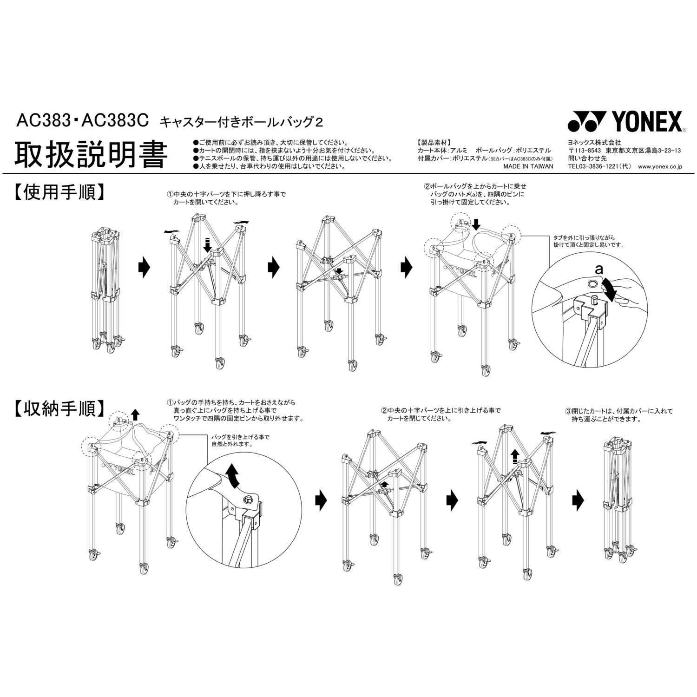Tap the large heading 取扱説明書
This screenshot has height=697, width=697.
coord(91,155)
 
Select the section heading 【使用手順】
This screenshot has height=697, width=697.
coord(58,191)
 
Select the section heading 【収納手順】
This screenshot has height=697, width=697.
coord(58,408)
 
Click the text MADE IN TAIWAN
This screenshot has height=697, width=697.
coord(528,166)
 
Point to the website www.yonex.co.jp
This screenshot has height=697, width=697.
coord(660,166)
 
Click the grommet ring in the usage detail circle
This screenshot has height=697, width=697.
coord(593,283)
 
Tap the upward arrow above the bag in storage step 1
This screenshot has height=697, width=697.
coord(135,415)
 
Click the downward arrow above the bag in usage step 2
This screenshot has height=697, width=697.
coord(476,224)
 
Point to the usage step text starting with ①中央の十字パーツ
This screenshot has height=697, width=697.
coord(226,198)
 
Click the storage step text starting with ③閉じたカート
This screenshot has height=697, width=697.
coord(618,415)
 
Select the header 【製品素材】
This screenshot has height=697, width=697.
coord(434,143)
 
